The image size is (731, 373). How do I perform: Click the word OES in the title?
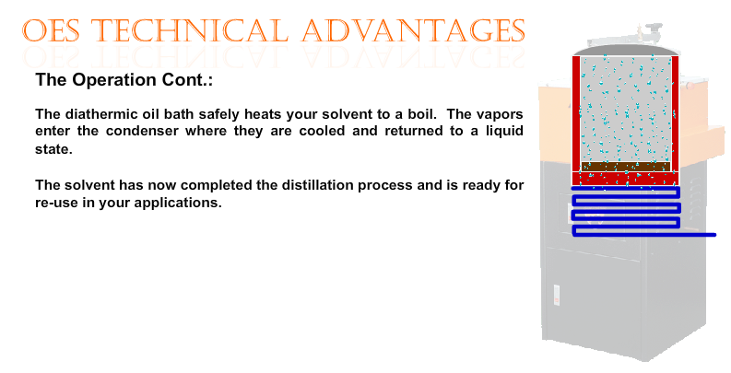(51, 30)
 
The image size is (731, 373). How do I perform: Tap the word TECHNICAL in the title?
(190, 30)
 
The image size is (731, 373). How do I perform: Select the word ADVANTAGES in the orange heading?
(414, 30)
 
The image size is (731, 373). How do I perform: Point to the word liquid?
(504, 132)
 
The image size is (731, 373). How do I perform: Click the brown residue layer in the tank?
(625, 167)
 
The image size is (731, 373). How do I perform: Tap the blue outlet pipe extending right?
(698, 235)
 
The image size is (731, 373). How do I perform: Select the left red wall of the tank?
(576, 114)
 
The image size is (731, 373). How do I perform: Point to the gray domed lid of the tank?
(626, 51)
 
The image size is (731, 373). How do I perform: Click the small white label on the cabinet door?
(557, 295)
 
